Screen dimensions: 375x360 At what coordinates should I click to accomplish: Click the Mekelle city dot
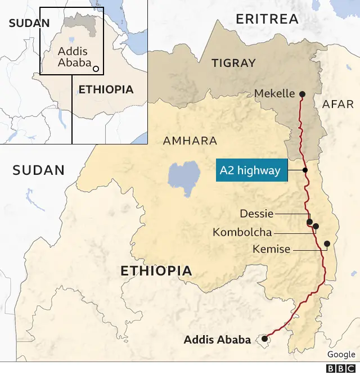[x=302, y=94]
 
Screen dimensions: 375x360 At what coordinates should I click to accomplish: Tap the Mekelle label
[x=274, y=93]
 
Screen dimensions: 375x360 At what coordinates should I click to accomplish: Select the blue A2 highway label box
[x=251, y=170]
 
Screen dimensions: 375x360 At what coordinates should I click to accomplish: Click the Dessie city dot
[x=309, y=222]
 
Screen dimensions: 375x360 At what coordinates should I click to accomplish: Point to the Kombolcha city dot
[x=316, y=227]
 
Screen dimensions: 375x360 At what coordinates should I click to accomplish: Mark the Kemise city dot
[x=327, y=243]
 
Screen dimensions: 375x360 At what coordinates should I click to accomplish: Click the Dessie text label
[x=256, y=214]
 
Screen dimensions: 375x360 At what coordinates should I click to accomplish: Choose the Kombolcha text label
[x=242, y=232]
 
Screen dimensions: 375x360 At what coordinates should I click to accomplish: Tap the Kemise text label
[x=271, y=249]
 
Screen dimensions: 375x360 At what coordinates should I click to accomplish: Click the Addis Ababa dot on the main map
[x=264, y=339]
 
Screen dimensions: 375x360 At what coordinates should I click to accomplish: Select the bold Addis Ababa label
[x=217, y=340]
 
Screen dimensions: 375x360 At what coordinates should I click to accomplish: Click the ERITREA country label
[x=267, y=19]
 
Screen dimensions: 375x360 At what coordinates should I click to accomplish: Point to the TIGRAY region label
[x=233, y=63]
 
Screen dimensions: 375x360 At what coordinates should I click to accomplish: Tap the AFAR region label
[x=338, y=104]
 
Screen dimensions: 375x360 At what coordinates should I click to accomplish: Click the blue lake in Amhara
[x=183, y=175]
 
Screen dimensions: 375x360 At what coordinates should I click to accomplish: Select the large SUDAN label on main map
[x=39, y=170]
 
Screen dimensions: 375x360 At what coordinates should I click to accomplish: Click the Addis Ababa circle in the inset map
[x=96, y=69]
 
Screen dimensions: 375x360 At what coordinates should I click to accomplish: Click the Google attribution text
[x=341, y=354]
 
